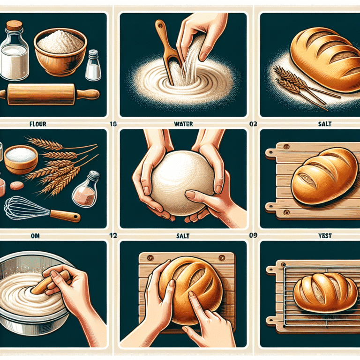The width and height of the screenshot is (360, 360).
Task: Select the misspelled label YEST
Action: [324, 236]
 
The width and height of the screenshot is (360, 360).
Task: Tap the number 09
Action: [254, 236]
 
